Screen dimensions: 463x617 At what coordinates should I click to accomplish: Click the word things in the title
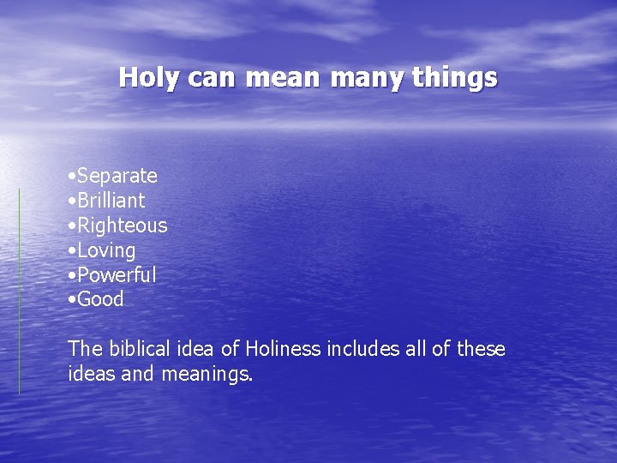454,78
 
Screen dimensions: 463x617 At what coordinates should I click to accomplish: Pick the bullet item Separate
117,176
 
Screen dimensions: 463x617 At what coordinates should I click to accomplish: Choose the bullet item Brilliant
111,201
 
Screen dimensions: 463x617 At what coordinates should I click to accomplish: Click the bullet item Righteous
122,225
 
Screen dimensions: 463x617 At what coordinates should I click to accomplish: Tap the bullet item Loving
106,250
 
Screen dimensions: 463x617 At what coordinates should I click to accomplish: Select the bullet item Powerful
117,275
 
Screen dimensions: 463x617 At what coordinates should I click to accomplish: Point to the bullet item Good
100,299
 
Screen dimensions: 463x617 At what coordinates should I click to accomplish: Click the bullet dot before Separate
71,177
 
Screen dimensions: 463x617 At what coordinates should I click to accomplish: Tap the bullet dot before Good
71,300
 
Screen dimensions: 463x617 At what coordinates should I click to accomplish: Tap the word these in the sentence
481,349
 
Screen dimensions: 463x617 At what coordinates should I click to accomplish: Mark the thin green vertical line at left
20,292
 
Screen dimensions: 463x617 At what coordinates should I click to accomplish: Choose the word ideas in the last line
90,374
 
